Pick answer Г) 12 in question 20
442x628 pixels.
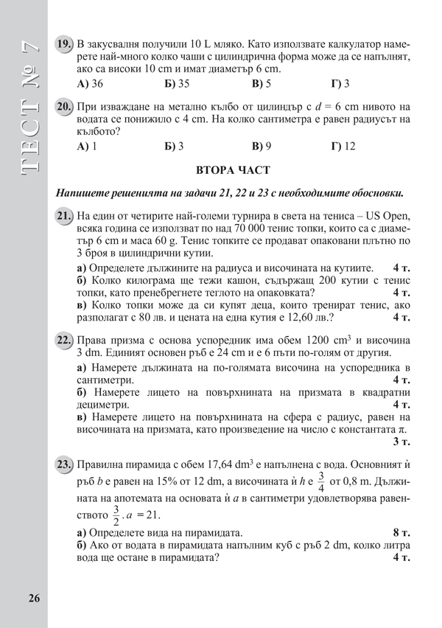pos(343,146)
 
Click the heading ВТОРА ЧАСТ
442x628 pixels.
pos(233,171)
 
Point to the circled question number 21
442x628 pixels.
pos(64,215)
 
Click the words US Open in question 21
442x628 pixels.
pos(382,215)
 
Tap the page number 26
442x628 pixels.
pos(35,598)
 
